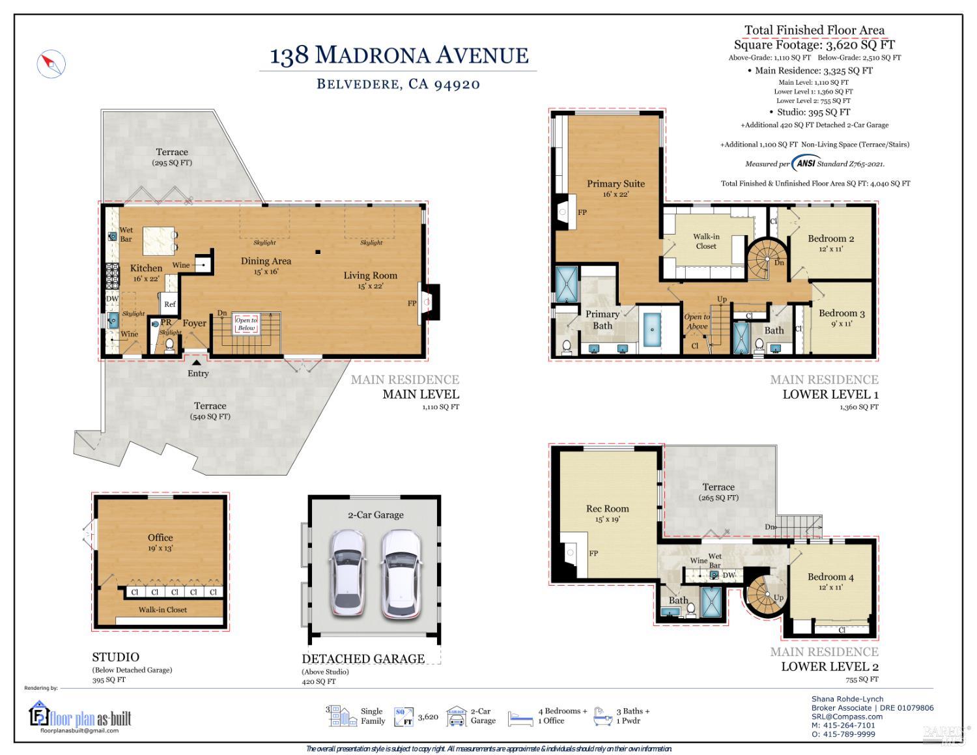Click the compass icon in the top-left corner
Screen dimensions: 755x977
[x=51, y=64]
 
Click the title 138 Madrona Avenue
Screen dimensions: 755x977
[x=399, y=55]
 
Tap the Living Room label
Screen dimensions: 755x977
[x=370, y=276]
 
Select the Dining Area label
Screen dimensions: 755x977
[x=266, y=261]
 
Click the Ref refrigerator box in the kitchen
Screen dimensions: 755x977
[x=169, y=304]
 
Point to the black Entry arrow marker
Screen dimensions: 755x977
[x=197, y=363]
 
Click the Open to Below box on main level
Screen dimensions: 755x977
[x=246, y=324]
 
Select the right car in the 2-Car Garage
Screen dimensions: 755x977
[x=401, y=572]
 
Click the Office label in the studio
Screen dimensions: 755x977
[x=160, y=537]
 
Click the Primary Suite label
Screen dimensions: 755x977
[x=616, y=184]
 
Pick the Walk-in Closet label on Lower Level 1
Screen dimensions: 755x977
[x=706, y=241]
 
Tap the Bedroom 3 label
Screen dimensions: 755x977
[x=842, y=313]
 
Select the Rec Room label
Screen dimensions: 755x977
[x=607, y=509]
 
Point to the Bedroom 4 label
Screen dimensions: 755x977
[x=830, y=577]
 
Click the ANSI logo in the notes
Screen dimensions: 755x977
[x=805, y=164]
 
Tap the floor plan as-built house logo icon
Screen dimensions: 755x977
[x=39, y=714]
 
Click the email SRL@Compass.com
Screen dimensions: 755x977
[x=847, y=717]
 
